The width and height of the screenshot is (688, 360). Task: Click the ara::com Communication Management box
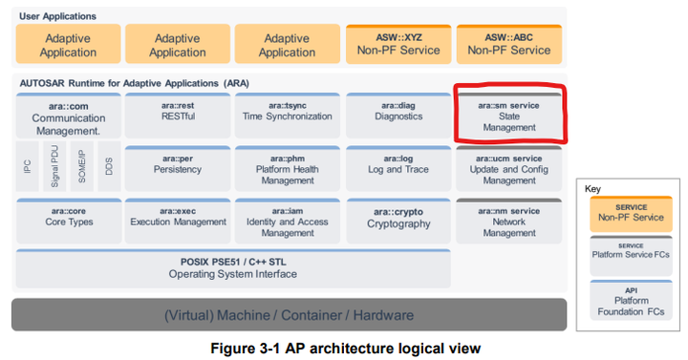click(68, 117)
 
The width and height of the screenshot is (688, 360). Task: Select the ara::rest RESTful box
click(178, 116)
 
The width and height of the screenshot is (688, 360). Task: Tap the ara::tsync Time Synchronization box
click(287, 116)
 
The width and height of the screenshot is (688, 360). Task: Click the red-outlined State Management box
click(508, 116)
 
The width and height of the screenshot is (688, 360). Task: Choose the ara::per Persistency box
click(178, 168)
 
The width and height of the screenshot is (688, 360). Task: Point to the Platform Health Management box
click(287, 170)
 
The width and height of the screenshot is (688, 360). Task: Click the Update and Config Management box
click(508, 170)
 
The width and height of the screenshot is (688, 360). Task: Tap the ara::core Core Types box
click(68, 221)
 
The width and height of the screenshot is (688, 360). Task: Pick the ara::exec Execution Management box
click(178, 221)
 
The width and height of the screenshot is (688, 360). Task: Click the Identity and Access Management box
click(287, 222)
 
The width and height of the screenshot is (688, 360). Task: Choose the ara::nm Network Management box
click(508, 222)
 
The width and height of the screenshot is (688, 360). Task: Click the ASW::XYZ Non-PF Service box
click(398, 44)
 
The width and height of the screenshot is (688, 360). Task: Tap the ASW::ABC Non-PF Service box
click(508, 44)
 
